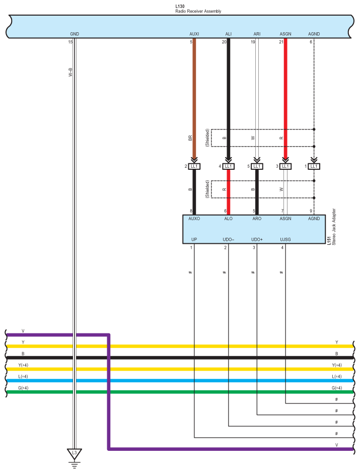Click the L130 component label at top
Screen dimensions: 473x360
(180, 6)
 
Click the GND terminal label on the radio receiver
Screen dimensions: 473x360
(75, 34)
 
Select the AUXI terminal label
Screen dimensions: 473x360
(194, 34)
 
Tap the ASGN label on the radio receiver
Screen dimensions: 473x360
(285, 34)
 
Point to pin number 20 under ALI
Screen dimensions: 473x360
(224, 42)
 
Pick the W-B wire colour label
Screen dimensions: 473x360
(70, 74)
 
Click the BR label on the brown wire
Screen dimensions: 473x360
(190, 137)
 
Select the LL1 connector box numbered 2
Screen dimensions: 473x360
(194, 166)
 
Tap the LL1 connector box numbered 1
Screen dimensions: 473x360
(314, 166)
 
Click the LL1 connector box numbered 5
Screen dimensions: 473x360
(257, 166)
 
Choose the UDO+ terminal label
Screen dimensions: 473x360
(257, 239)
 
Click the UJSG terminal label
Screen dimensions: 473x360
(285, 239)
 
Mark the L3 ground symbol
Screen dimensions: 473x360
(75, 453)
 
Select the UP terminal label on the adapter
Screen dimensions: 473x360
(194, 239)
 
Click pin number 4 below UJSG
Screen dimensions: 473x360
(282, 248)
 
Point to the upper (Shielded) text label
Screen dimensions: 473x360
(207, 137)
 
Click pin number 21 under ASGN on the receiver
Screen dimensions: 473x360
(281, 42)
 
